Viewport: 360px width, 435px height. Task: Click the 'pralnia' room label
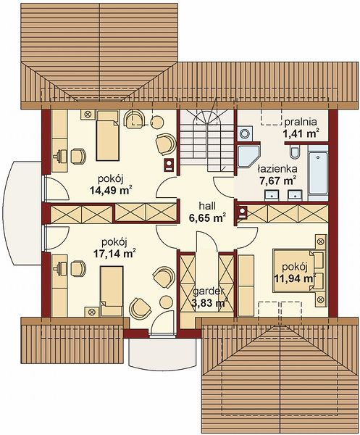tap(301, 122)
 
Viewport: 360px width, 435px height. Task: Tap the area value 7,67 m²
tap(277, 181)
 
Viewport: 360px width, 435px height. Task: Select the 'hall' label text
tap(207, 206)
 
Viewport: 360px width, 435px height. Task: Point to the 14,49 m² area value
tap(110, 190)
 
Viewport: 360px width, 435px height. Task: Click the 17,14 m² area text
tap(114, 253)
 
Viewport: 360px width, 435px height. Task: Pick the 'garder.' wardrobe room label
tap(209, 291)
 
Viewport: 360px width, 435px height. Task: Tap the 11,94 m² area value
tap(296, 278)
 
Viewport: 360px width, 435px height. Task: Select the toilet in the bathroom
tap(295, 152)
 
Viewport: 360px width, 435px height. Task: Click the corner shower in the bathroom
tap(249, 157)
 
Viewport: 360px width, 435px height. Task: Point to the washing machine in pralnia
tap(246, 133)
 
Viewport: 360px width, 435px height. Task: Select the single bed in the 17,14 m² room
tap(112, 291)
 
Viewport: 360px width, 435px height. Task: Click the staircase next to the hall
tap(206, 141)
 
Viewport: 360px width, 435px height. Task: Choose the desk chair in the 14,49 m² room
tap(78, 156)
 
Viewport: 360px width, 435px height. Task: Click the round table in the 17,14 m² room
tap(167, 302)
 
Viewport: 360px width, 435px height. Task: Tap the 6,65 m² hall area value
tap(207, 217)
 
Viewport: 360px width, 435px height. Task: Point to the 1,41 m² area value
tap(301, 133)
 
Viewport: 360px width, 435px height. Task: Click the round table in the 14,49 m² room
tap(158, 122)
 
